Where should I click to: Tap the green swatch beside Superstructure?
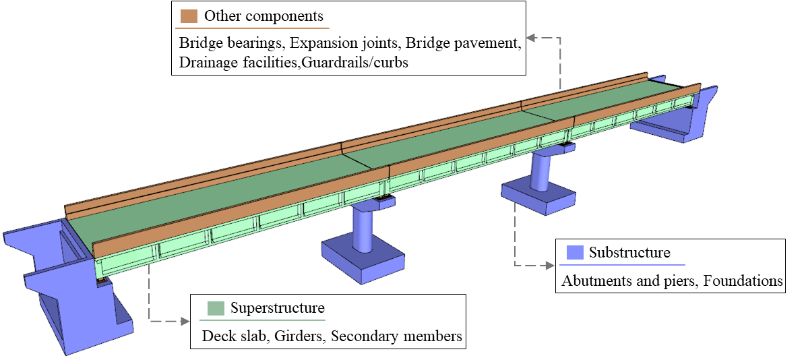tap(216, 309)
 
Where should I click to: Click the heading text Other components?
tap(263, 16)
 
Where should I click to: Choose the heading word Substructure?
tap(629, 253)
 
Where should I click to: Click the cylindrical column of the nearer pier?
tap(363, 225)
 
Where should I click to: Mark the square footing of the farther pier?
tap(539, 196)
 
